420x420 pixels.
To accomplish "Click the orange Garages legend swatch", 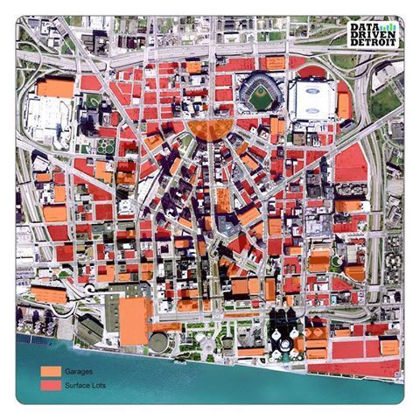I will click(x=51, y=371).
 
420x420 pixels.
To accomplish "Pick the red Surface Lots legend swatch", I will click(x=51, y=384).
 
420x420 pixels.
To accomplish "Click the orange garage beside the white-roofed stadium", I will click(x=345, y=105).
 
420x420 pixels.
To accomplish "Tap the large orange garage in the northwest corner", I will click(x=55, y=87).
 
